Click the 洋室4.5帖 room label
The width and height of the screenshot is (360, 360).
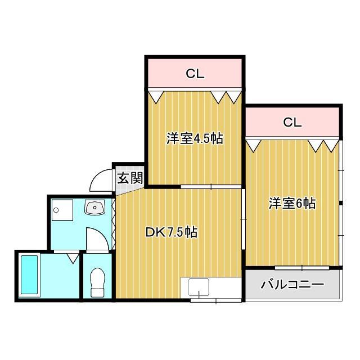coord(194,139)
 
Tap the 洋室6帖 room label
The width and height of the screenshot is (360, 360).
coord(291,204)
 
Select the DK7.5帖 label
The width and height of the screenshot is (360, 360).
coord(171,232)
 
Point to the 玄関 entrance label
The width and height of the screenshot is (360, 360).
coord(129,179)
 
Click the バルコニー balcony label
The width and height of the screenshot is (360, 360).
coord(292,285)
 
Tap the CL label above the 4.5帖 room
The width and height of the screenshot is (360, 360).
coord(195,73)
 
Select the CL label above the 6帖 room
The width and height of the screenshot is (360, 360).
coord(292,122)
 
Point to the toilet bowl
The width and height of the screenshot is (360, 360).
coord(98,282)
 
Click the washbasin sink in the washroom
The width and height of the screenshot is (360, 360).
coord(94,209)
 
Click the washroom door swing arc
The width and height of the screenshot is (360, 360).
coord(97,239)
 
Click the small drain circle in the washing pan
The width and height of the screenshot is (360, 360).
coord(56,211)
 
